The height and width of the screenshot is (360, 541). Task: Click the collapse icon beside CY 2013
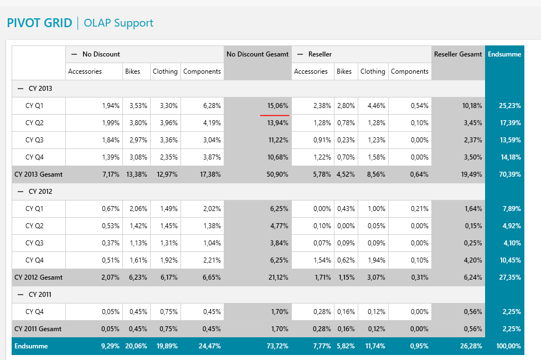point(21,89)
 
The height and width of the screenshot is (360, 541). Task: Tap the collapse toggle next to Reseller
point(300,54)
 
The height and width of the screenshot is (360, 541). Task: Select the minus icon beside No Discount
point(74,54)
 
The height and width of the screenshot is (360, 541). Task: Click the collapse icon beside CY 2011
point(21,295)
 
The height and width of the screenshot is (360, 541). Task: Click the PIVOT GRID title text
point(39,23)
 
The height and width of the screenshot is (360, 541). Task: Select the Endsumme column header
point(504,54)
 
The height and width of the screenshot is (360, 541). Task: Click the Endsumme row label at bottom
point(31,346)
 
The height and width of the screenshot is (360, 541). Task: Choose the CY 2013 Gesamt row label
point(38,174)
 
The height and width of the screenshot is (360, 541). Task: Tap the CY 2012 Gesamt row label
point(38,277)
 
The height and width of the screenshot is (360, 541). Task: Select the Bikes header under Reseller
point(344,71)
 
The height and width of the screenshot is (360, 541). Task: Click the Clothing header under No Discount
point(165,71)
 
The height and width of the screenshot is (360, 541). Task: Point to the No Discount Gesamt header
point(257,54)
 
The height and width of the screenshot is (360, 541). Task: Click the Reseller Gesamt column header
point(458,54)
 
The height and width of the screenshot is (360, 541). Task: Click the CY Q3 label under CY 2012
point(34,243)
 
